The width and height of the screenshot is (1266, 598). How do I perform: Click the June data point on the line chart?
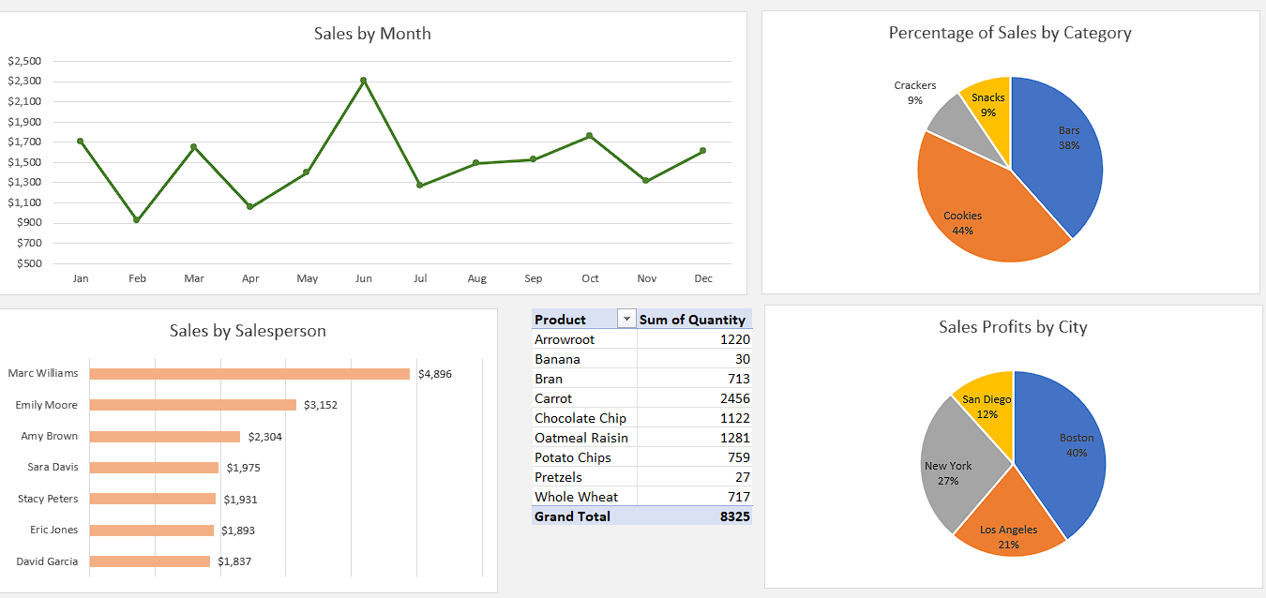click(x=363, y=81)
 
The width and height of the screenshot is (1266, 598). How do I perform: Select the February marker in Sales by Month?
click(x=137, y=220)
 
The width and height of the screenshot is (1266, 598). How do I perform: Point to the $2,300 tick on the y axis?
click(x=24, y=82)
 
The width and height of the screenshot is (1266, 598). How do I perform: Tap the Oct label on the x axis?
click(x=590, y=278)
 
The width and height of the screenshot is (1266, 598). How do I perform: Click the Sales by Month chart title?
click(x=372, y=34)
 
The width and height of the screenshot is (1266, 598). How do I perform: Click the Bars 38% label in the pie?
click(x=1069, y=138)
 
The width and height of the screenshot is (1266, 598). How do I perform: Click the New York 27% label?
click(x=948, y=472)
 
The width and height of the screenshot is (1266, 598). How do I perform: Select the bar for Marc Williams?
click(x=249, y=374)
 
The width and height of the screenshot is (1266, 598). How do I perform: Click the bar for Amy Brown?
click(x=165, y=437)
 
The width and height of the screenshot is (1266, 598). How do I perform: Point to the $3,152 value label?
click(x=321, y=405)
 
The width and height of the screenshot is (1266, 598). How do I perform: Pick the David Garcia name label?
click(x=47, y=561)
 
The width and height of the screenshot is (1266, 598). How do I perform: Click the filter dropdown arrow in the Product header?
click(x=626, y=320)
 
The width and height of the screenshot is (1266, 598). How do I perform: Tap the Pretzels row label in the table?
click(x=558, y=477)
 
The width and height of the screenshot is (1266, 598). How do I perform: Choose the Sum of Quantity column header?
click(x=692, y=320)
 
